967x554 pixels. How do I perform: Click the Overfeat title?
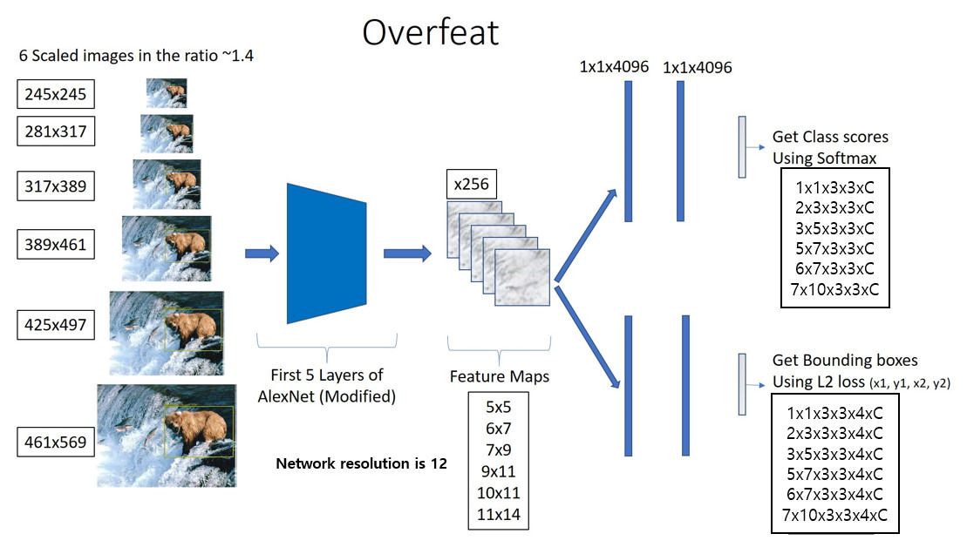click(430, 32)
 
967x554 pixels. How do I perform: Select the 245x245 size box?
click(55, 93)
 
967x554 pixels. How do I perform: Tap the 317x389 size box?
click(55, 186)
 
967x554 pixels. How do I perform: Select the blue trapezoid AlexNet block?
click(327, 252)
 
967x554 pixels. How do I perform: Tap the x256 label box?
click(471, 185)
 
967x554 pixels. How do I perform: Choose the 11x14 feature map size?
click(497, 515)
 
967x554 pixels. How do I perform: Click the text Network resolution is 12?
click(361, 463)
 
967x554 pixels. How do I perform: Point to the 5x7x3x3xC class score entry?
click(834, 248)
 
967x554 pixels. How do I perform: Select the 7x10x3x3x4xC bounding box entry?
click(834, 514)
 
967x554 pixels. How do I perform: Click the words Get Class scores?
click(830, 138)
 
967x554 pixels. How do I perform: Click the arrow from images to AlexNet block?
click(262, 253)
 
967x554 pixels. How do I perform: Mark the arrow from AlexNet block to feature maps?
click(407, 253)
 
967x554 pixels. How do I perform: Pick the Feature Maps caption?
click(499, 377)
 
